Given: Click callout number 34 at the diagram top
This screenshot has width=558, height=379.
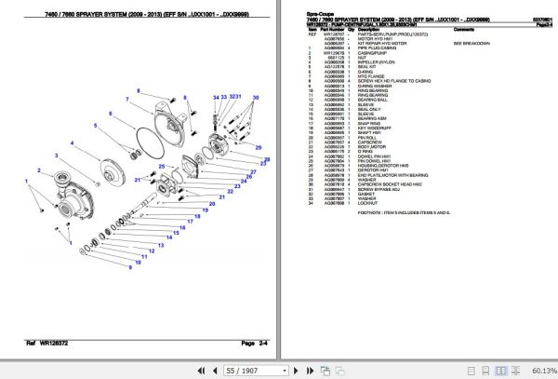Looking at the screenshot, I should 214,97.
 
